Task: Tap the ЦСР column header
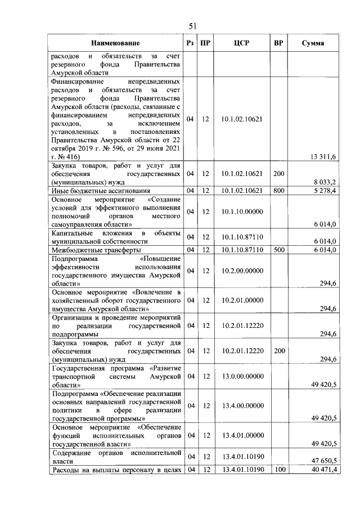[x=242, y=43]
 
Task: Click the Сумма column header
[x=312, y=43]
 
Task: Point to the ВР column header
[x=278, y=43]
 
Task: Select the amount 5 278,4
[x=325, y=190]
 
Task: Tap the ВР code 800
[x=278, y=190]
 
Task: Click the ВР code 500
[x=278, y=250]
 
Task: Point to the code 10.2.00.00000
[x=242, y=271]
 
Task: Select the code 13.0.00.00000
[x=242, y=376]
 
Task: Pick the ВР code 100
[x=278, y=470]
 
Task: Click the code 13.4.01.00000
[x=242, y=435]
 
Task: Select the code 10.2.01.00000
[x=242, y=300]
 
